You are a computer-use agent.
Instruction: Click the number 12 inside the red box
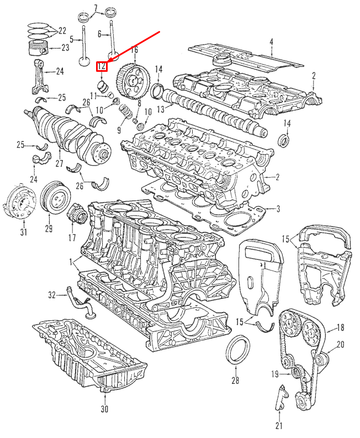(102, 67)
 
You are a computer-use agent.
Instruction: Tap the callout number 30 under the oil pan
(104, 409)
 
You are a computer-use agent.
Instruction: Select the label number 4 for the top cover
(271, 42)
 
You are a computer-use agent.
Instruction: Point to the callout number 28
(235, 381)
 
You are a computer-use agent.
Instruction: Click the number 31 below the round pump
(23, 232)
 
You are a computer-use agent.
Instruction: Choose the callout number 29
(48, 229)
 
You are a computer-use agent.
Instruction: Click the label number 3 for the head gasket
(278, 209)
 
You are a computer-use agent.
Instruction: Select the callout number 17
(72, 238)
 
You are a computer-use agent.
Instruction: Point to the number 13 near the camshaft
(161, 109)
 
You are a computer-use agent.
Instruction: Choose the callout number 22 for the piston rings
(62, 30)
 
